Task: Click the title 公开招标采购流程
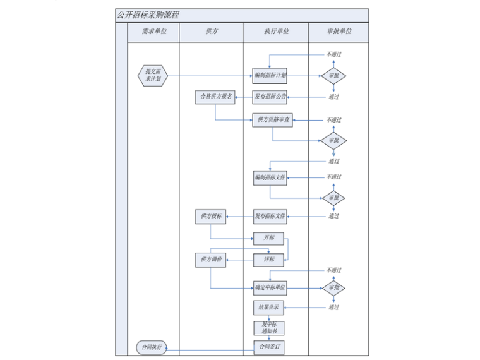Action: point(148,15)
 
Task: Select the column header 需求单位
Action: point(154,32)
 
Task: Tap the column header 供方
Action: point(212,32)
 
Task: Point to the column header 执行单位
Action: point(276,32)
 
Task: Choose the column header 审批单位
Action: point(339,32)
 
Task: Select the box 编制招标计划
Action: point(270,76)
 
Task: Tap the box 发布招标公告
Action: point(270,97)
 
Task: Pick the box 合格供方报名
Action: point(215,97)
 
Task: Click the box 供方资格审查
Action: point(273,119)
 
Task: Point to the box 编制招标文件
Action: point(270,177)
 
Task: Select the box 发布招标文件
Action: point(270,217)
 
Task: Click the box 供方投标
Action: point(210,217)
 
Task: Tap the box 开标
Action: point(268,238)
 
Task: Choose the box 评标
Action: point(268,259)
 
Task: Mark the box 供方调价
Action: point(210,259)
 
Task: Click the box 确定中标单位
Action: point(270,288)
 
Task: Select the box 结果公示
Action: point(268,308)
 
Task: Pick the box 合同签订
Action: point(268,347)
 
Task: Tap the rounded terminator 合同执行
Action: point(152,347)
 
